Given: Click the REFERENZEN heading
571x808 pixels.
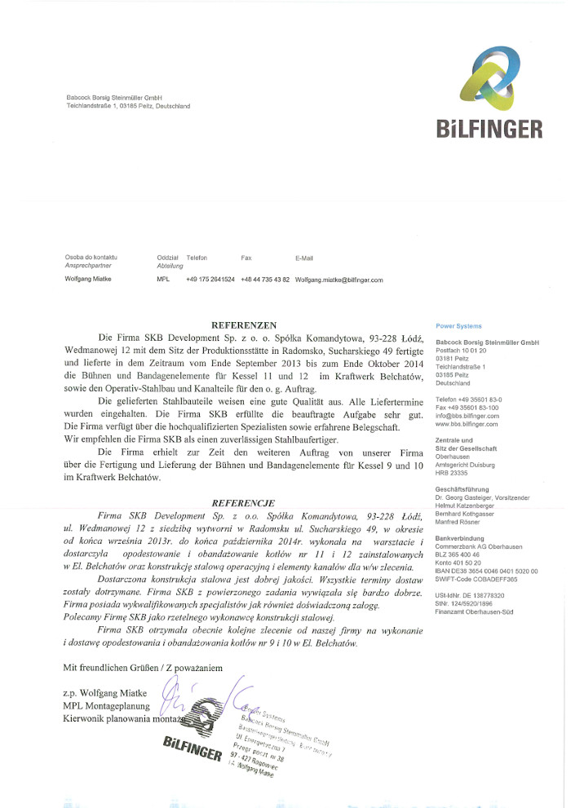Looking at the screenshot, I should pyautogui.click(x=244, y=324).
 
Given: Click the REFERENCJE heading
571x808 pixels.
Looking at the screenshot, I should pyautogui.click(x=243, y=503).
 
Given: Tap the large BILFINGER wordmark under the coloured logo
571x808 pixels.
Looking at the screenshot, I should pyautogui.click(x=489, y=129).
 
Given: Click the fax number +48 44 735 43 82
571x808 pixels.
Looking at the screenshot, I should pyautogui.click(x=265, y=280).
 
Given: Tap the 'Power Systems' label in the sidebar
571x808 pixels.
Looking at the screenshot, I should pyautogui.click(x=458, y=326).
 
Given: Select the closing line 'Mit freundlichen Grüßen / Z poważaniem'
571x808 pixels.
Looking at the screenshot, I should pyautogui.click(x=143, y=668).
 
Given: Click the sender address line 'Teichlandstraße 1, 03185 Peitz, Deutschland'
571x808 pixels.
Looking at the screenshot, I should pyautogui.click(x=128, y=106).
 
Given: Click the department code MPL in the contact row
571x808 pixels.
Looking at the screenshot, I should pyautogui.click(x=162, y=280).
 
